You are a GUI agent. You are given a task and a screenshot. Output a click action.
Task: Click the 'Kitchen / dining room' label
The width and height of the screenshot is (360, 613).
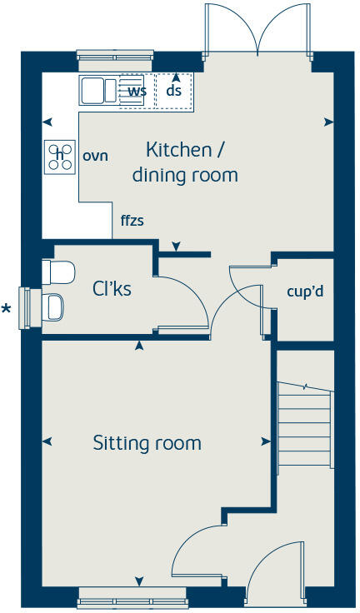click(185, 162)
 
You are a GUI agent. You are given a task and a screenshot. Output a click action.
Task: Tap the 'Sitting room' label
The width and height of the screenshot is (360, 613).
click(147, 443)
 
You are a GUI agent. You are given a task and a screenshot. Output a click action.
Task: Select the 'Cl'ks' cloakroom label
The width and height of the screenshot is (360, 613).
click(112, 289)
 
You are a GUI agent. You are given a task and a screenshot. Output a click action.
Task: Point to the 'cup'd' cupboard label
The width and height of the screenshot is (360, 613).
click(305, 292)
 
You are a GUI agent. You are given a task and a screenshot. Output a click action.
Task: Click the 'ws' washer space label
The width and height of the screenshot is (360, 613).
click(137, 91)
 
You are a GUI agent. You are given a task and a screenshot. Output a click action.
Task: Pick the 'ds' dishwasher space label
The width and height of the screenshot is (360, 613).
click(173, 90)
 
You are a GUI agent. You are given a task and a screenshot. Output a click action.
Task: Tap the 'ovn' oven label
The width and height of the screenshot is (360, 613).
click(95, 156)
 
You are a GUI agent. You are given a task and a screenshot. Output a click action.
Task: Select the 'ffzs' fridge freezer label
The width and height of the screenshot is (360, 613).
click(132, 221)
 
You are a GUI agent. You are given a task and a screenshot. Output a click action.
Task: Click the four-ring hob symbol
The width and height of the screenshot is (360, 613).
click(60, 157)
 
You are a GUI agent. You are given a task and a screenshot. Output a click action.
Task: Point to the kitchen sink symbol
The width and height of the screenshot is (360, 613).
click(99, 91)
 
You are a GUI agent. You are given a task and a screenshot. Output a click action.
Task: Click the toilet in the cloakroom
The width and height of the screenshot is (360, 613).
click(58, 272)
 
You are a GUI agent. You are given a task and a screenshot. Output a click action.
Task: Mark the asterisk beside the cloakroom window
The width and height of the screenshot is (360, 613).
click(7, 309)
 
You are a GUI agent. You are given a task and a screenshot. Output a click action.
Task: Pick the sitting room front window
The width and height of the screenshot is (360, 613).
click(132, 598)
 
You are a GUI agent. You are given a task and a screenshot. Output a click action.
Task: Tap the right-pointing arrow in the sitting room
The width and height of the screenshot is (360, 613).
click(266, 441)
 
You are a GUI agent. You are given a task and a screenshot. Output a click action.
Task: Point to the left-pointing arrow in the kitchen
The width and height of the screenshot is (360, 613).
click(47, 122)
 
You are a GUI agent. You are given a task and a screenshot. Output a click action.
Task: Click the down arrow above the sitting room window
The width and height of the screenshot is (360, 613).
click(139, 581)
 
